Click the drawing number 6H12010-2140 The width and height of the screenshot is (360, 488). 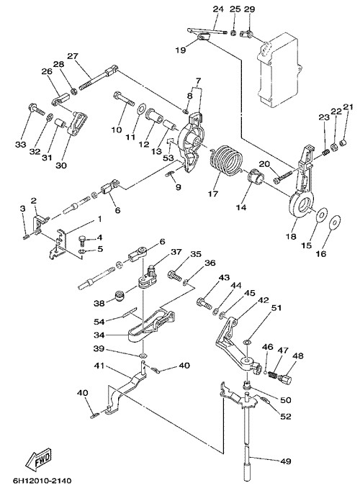pyautogui.click(x=42, y=481)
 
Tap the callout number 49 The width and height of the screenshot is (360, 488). pyautogui.click(x=286, y=461)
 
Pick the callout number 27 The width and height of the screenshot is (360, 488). pyautogui.click(x=73, y=56)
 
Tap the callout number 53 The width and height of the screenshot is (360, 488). pyautogui.click(x=168, y=158)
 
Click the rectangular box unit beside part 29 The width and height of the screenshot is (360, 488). pyautogui.click(x=278, y=69)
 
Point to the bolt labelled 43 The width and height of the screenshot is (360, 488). pyautogui.click(x=204, y=303)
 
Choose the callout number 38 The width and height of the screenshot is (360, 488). pyautogui.click(x=99, y=303)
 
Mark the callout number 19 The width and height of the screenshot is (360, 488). pyautogui.click(x=180, y=50)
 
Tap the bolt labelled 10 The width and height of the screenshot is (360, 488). pyautogui.click(x=125, y=99)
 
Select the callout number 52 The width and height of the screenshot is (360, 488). pyautogui.click(x=286, y=416)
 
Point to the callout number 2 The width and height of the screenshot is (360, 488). pyautogui.click(x=33, y=199)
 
